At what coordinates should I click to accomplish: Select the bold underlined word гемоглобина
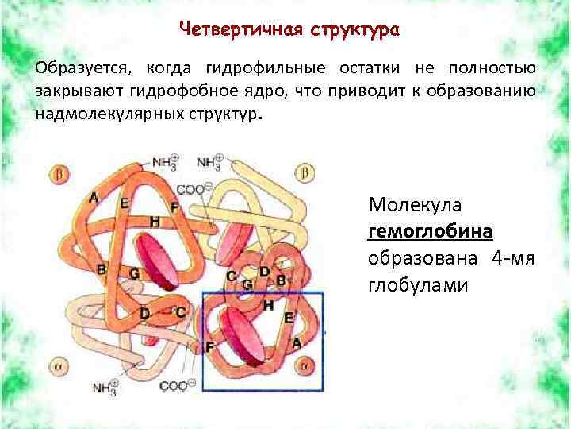pos(431,231)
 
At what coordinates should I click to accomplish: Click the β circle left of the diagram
pos(59,172)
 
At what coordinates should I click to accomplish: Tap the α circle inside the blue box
pos(303,365)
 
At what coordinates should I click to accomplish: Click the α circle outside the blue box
pos(59,367)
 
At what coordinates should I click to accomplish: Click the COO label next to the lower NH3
pos(173,387)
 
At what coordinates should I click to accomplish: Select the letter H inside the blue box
pos(268,304)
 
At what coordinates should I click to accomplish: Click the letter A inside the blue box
pos(296,342)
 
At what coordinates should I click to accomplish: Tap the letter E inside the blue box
pos(289,316)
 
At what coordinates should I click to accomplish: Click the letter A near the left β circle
pos(94,197)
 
